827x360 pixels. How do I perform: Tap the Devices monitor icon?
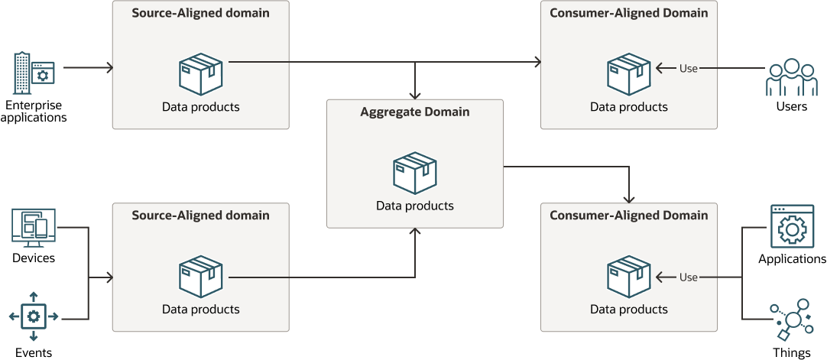(x=34, y=228)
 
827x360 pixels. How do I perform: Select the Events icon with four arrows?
(x=33, y=316)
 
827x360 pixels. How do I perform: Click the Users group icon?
(x=791, y=78)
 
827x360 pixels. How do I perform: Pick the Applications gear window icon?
(x=792, y=227)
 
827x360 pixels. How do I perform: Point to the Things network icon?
(x=791, y=319)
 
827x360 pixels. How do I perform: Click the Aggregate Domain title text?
(x=415, y=112)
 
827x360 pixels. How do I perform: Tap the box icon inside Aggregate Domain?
(x=415, y=173)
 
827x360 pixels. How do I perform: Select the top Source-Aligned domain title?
(x=200, y=13)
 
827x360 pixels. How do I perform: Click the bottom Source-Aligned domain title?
(x=200, y=216)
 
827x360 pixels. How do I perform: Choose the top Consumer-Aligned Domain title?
(x=629, y=13)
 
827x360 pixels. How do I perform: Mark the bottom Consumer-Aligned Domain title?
(x=629, y=216)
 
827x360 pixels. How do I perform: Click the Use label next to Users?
(x=689, y=69)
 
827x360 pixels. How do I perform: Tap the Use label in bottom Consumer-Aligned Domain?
(x=689, y=277)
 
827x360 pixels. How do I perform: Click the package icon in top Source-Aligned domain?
(x=200, y=73)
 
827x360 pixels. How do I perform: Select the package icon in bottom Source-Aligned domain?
(x=200, y=276)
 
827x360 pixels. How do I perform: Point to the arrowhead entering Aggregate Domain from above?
(x=415, y=95)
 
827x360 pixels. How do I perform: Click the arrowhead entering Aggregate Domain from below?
(x=415, y=232)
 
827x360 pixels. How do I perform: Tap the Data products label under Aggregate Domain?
(x=415, y=206)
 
